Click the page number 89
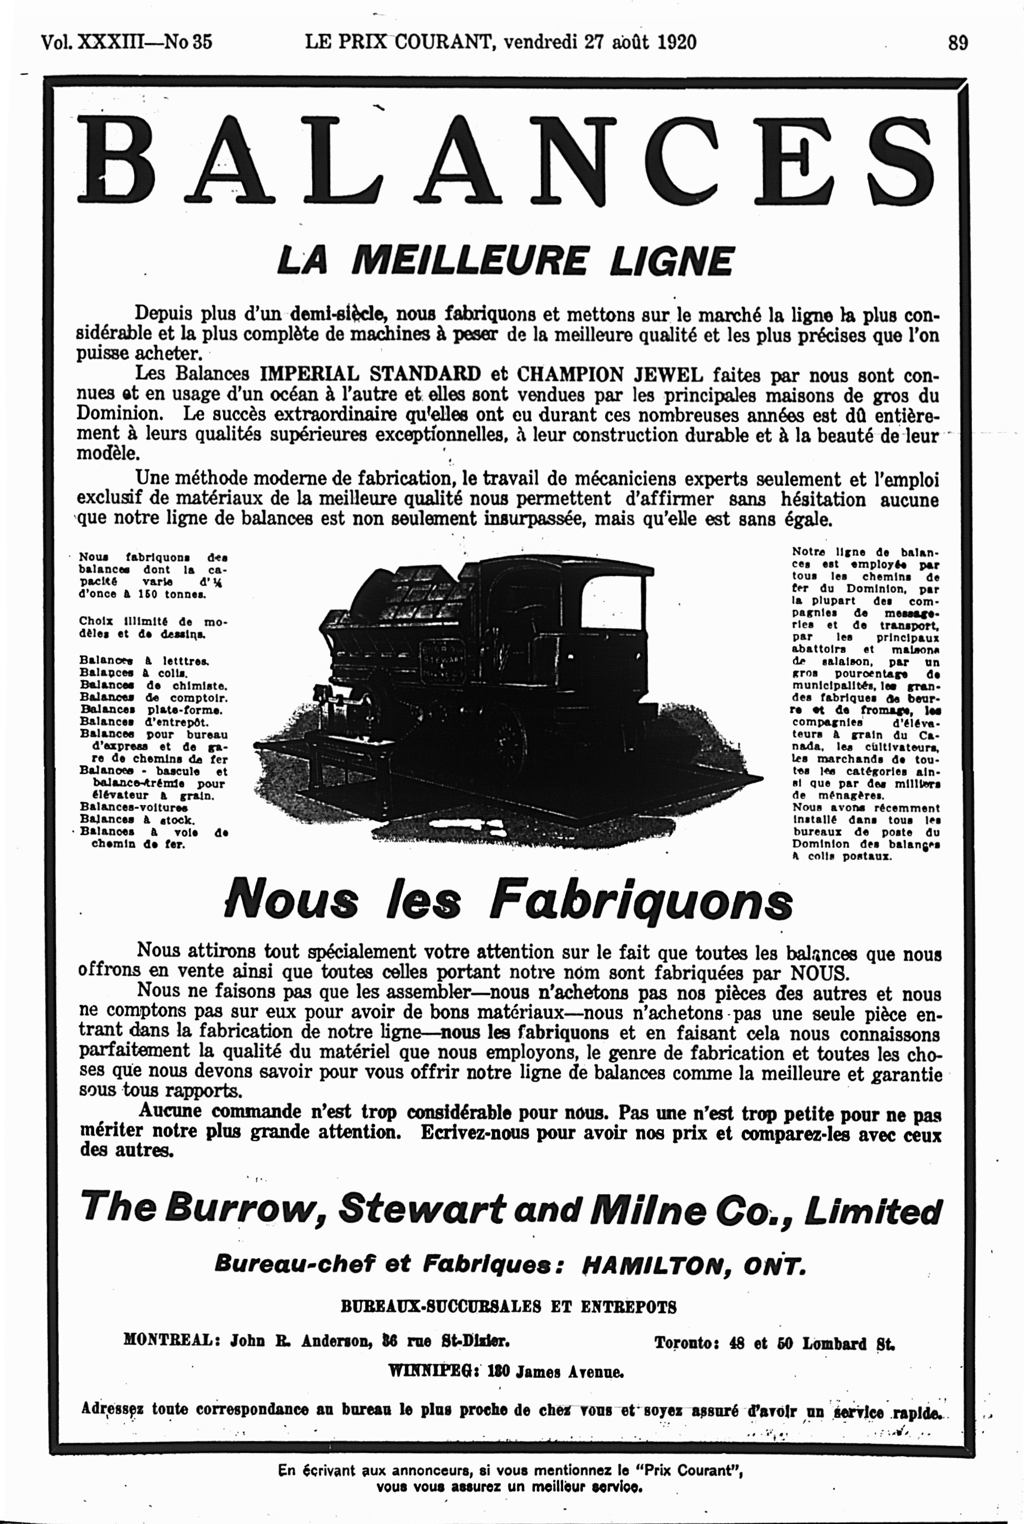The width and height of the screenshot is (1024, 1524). click(957, 43)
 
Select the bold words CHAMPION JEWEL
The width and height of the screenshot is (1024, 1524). click(610, 375)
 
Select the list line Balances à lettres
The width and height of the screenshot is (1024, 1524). click(144, 661)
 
